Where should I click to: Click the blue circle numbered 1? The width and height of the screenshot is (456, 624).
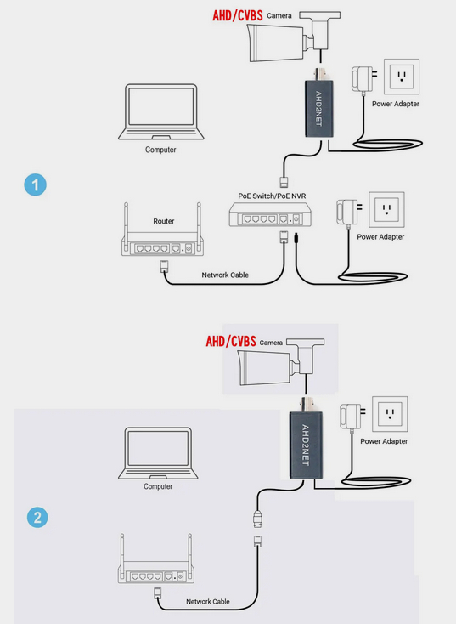pyautogui.click(x=35, y=184)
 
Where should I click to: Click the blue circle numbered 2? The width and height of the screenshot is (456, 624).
pyautogui.click(x=35, y=516)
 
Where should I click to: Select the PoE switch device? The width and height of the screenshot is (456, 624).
pyautogui.click(x=265, y=218)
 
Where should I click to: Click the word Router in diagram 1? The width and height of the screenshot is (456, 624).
pyautogui.click(x=164, y=221)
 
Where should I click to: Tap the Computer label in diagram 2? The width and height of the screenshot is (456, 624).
pyautogui.click(x=158, y=487)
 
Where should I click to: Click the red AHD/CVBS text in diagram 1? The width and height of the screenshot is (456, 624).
pyautogui.click(x=237, y=15)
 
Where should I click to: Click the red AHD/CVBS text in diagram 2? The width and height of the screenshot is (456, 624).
pyautogui.click(x=230, y=342)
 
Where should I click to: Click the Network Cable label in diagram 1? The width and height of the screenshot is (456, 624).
pyautogui.click(x=224, y=275)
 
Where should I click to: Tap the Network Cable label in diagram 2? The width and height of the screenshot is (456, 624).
pyautogui.click(x=208, y=602)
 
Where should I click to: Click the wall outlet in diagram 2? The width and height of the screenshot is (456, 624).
pyautogui.click(x=390, y=414)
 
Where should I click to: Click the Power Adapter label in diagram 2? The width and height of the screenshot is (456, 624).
pyautogui.click(x=384, y=441)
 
